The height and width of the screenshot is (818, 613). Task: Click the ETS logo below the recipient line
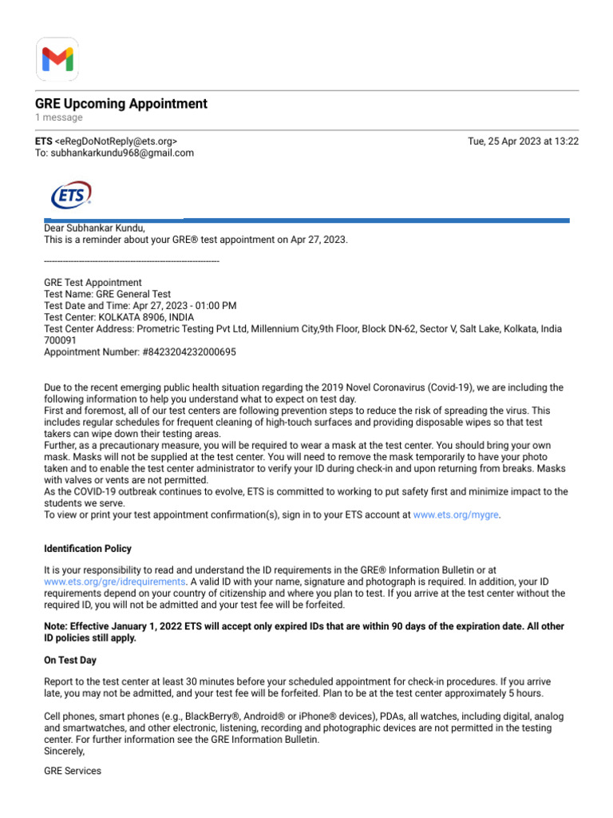(x=71, y=195)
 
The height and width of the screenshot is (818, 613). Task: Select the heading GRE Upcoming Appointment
(x=121, y=104)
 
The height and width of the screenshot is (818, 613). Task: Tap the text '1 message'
(x=58, y=117)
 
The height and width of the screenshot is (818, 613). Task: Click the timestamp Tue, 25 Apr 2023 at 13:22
(x=523, y=141)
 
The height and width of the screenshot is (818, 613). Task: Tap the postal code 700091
(x=61, y=340)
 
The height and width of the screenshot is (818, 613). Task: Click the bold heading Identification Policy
(x=88, y=549)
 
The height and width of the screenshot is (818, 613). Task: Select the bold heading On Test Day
(x=70, y=661)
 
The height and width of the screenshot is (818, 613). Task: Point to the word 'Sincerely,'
(x=63, y=752)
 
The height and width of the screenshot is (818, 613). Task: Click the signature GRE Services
(x=73, y=771)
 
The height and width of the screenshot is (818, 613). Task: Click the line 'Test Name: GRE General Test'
(x=107, y=294)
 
